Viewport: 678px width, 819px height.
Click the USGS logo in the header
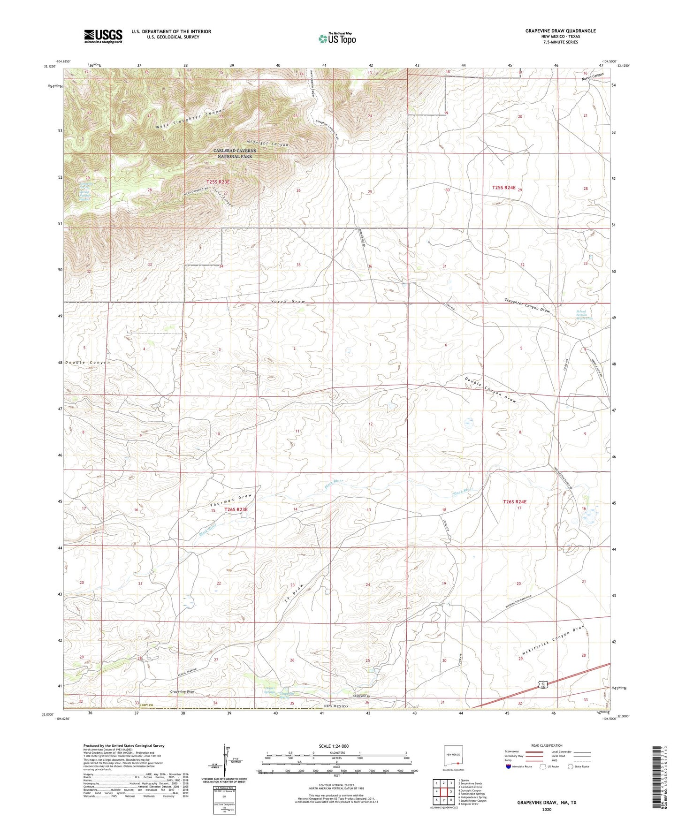[x=103, y=36]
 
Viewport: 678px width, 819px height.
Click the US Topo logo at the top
[x=337, y=38]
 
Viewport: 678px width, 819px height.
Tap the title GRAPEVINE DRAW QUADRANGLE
[x=560, y=31]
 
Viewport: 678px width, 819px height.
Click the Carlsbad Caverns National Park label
[x=233, y=153]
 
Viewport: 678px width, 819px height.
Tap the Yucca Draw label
[x=288, y=302]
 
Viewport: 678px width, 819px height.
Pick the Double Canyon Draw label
[x=491, y=390]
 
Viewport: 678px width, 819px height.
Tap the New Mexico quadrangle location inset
[x=454, y=757]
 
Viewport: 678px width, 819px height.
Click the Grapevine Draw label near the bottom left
[x=183, y=691]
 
